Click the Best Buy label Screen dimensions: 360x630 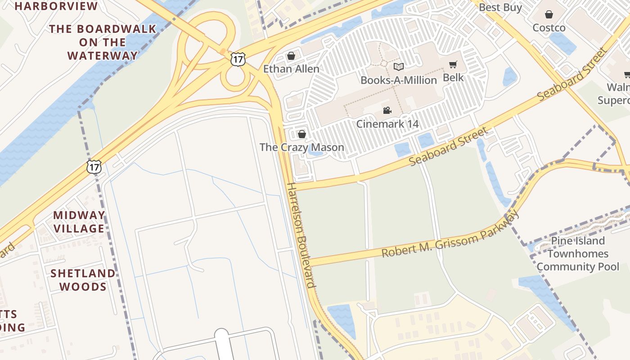point(500,7)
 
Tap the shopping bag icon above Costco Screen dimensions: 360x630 point(549,15)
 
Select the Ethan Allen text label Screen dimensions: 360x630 point(291,69)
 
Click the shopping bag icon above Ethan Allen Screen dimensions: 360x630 point(291,56)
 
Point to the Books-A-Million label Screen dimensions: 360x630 point(399,80)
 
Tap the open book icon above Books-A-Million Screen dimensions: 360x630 point(398,67)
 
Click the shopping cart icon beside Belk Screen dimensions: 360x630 point(453,65)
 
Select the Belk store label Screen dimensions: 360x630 point(453,77)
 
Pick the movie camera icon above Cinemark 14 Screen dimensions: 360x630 point(387,110)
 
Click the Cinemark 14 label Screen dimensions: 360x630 point(387,123)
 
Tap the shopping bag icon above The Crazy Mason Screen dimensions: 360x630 point(302,134)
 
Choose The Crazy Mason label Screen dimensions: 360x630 point(302,147)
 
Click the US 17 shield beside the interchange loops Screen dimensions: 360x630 point(238,59)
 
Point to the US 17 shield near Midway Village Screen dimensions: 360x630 point(94,167)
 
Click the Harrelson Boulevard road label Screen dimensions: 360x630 point(301,235)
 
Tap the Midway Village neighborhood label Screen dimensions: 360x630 point(79,222)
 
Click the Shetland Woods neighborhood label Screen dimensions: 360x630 point(83,280)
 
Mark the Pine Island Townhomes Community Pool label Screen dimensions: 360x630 point(578,253)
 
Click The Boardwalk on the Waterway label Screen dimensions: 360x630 point(103,42)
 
